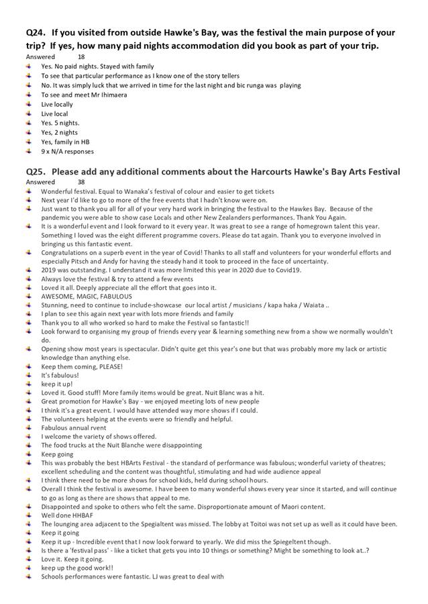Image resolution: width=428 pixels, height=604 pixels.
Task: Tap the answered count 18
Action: tap(81, 57)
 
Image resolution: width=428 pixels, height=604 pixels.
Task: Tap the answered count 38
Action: tap(81, 182)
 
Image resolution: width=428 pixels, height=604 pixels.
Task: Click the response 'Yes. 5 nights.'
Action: tap(60, 123)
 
